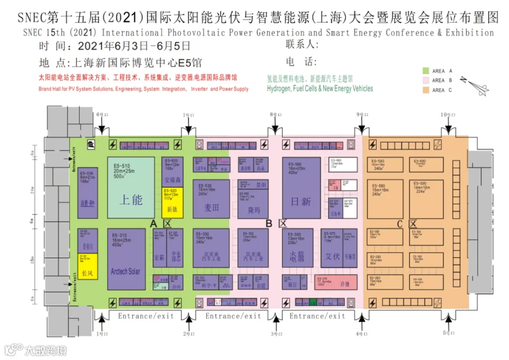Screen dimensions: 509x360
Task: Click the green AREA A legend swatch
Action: [426, 71]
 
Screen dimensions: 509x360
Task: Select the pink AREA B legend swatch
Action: [426, 80]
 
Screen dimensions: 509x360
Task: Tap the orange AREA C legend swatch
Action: [426, 90]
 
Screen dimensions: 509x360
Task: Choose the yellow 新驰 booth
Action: [172, 203]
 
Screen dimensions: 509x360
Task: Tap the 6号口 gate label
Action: [102, 115]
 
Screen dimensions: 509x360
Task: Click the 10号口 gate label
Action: [448, 115]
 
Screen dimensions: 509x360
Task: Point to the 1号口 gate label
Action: [102, 334]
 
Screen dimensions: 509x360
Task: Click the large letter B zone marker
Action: [269, 224]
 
